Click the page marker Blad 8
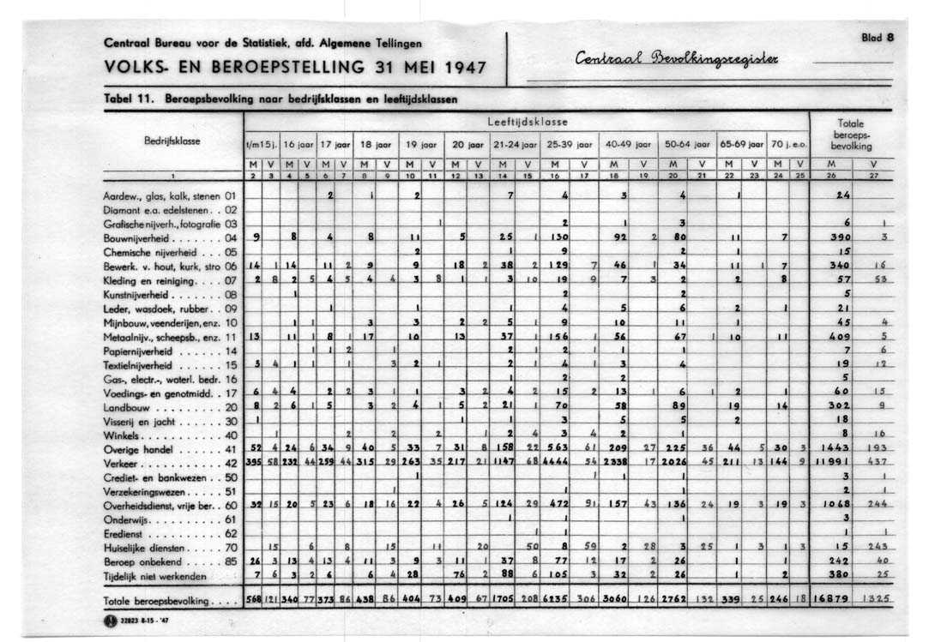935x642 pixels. pyautogui.click(x=878, y=38)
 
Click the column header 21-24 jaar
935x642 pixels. pyautogui.click(x=516, y=144)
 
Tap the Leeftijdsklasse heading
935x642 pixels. pyautogui.click(x=528, y=122)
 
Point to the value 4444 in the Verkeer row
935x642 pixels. pyautogui.click(x=557, y=462)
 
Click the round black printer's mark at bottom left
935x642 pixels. pyautogui.click(x=110, y=621)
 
